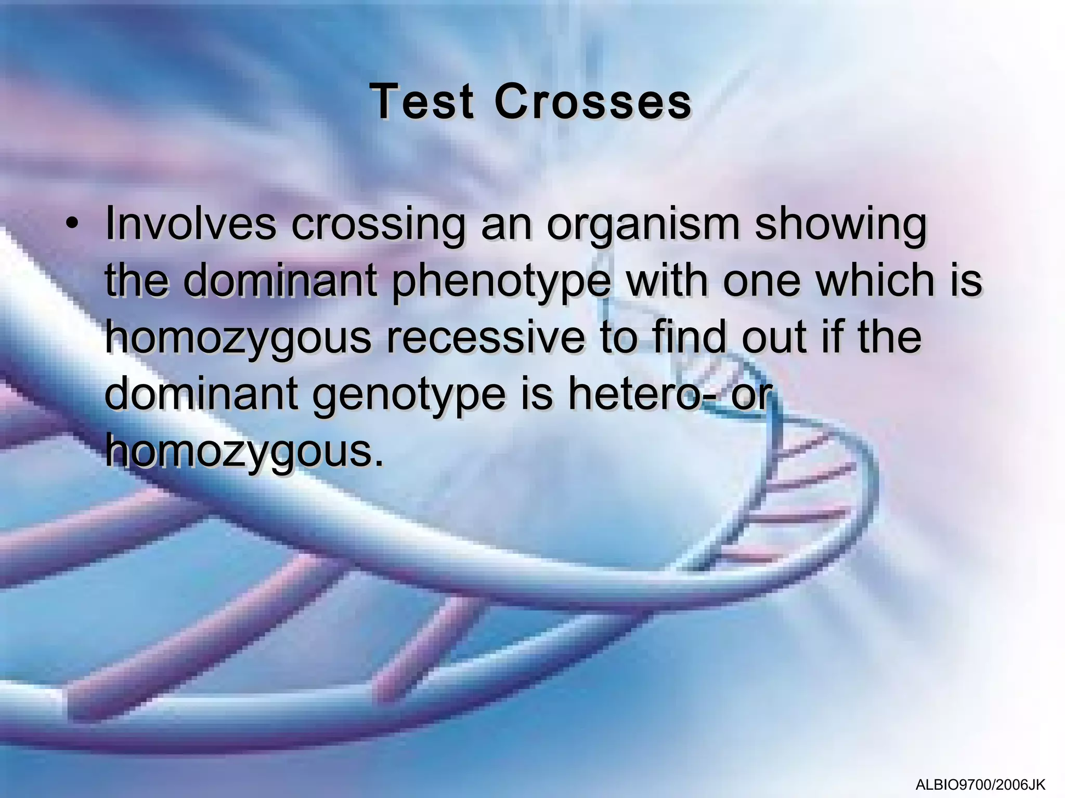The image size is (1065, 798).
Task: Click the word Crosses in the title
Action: coord(593,102)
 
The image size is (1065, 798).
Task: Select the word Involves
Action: coord(190,224)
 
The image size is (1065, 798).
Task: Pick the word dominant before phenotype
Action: coord(280,281)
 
